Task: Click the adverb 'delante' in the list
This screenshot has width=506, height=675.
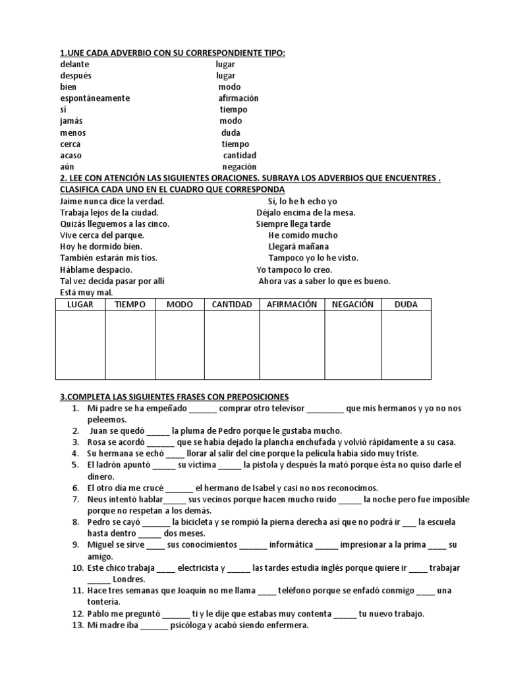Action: [x=74, y=65]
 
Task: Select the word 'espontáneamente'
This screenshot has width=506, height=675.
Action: [x=95, y=98]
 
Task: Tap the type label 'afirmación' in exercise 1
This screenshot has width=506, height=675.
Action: [x=239, y=98]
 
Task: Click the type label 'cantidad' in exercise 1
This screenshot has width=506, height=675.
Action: [x=239, y=156]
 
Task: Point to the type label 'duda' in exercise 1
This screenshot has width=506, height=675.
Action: [x=231, y=132]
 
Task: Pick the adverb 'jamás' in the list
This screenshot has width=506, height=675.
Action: [x=72, y=121]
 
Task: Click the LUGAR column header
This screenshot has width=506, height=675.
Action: [x=80, y=305]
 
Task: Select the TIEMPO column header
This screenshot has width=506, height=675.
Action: [x=130, y=305]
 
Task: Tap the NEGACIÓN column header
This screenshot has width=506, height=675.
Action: [x=352, y=305]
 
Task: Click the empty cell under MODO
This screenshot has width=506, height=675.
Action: [x=179, y=345]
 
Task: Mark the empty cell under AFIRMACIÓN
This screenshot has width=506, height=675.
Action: [x=292, y=345]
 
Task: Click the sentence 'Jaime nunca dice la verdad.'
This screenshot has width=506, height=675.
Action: [x=112, y=201]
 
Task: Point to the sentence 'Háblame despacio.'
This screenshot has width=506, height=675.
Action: [x=96, y=270]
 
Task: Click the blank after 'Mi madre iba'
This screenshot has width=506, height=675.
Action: [x=154, y=626]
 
